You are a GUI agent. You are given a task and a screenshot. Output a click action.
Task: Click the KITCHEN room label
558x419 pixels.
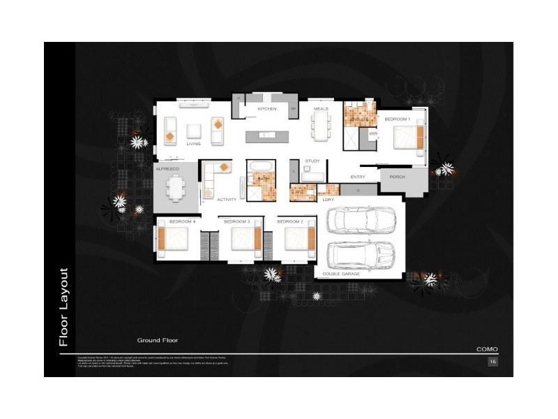(267, 110)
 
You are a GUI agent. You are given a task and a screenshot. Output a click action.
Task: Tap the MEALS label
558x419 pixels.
(321, 110)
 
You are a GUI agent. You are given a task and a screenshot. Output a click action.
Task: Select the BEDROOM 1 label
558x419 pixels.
(398, 119)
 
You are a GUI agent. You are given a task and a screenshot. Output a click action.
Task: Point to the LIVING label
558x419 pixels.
(193, 144)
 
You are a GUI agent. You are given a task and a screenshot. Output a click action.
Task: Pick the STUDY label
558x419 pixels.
(312, 161)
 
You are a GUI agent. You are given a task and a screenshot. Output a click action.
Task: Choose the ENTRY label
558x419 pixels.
(358, 177)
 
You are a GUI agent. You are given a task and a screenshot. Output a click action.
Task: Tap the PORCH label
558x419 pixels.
(398, 177)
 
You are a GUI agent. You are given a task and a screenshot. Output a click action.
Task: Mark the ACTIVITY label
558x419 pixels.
(227, 200)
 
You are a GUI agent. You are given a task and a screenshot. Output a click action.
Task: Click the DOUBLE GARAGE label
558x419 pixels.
(341, 274)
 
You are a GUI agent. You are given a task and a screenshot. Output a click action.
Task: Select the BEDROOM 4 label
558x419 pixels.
(182, 221)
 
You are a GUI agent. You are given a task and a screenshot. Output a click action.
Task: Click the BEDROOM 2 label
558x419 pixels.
(290, 221)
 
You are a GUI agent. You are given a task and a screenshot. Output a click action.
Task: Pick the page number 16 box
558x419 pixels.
(492, 362)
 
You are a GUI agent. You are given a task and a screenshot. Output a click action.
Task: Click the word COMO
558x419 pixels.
(487, 349)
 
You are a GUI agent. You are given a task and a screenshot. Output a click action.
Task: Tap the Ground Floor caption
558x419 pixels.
(157, 340)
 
